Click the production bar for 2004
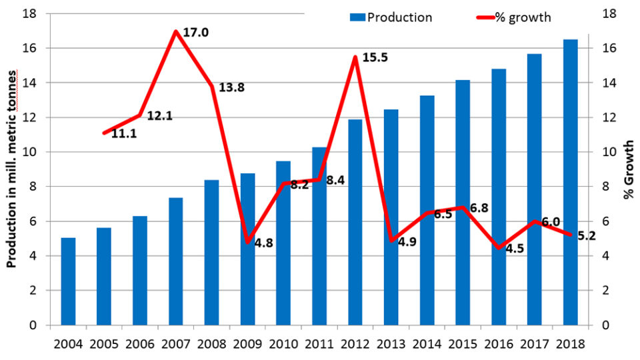68,281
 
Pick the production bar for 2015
463,203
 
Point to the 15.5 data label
375,58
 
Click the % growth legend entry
513,17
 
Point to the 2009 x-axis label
247,344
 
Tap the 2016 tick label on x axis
499,344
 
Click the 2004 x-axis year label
68,344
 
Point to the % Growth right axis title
628,169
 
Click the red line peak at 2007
175,31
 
